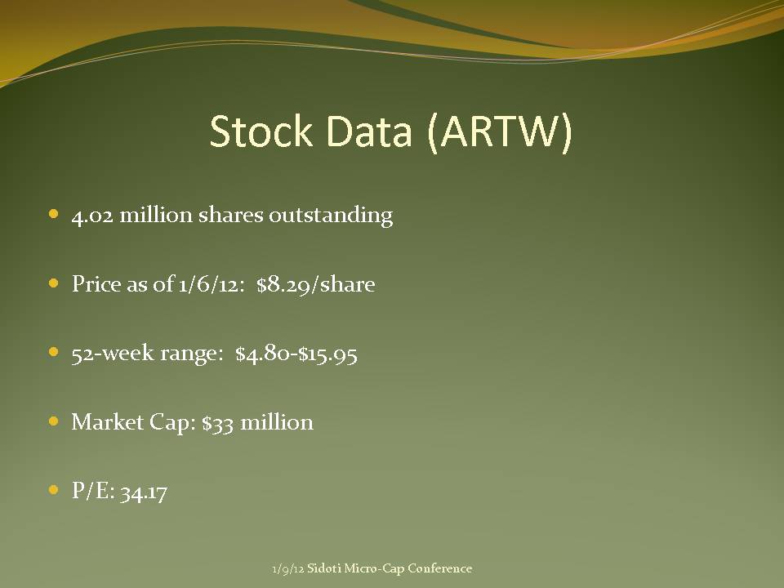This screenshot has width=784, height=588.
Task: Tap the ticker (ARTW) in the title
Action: pos(500,132)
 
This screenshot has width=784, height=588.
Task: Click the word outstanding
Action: pos(331,216)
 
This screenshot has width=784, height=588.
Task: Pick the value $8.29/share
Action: pos(315,284)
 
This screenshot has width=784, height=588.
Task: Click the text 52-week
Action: pos(113,353)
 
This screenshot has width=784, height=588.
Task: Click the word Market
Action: pos(108,422)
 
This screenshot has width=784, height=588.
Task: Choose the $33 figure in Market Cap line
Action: pos(217,423)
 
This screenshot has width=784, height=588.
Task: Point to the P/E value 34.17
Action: pos(144,492)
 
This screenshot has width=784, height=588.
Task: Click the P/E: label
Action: pos(93,491)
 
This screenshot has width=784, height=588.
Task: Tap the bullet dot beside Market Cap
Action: pos(54,421)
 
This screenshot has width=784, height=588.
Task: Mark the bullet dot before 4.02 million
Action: pos(54,215)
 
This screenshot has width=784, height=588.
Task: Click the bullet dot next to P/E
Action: pos(54,490)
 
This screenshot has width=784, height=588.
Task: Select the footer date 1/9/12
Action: pos(288,569)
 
